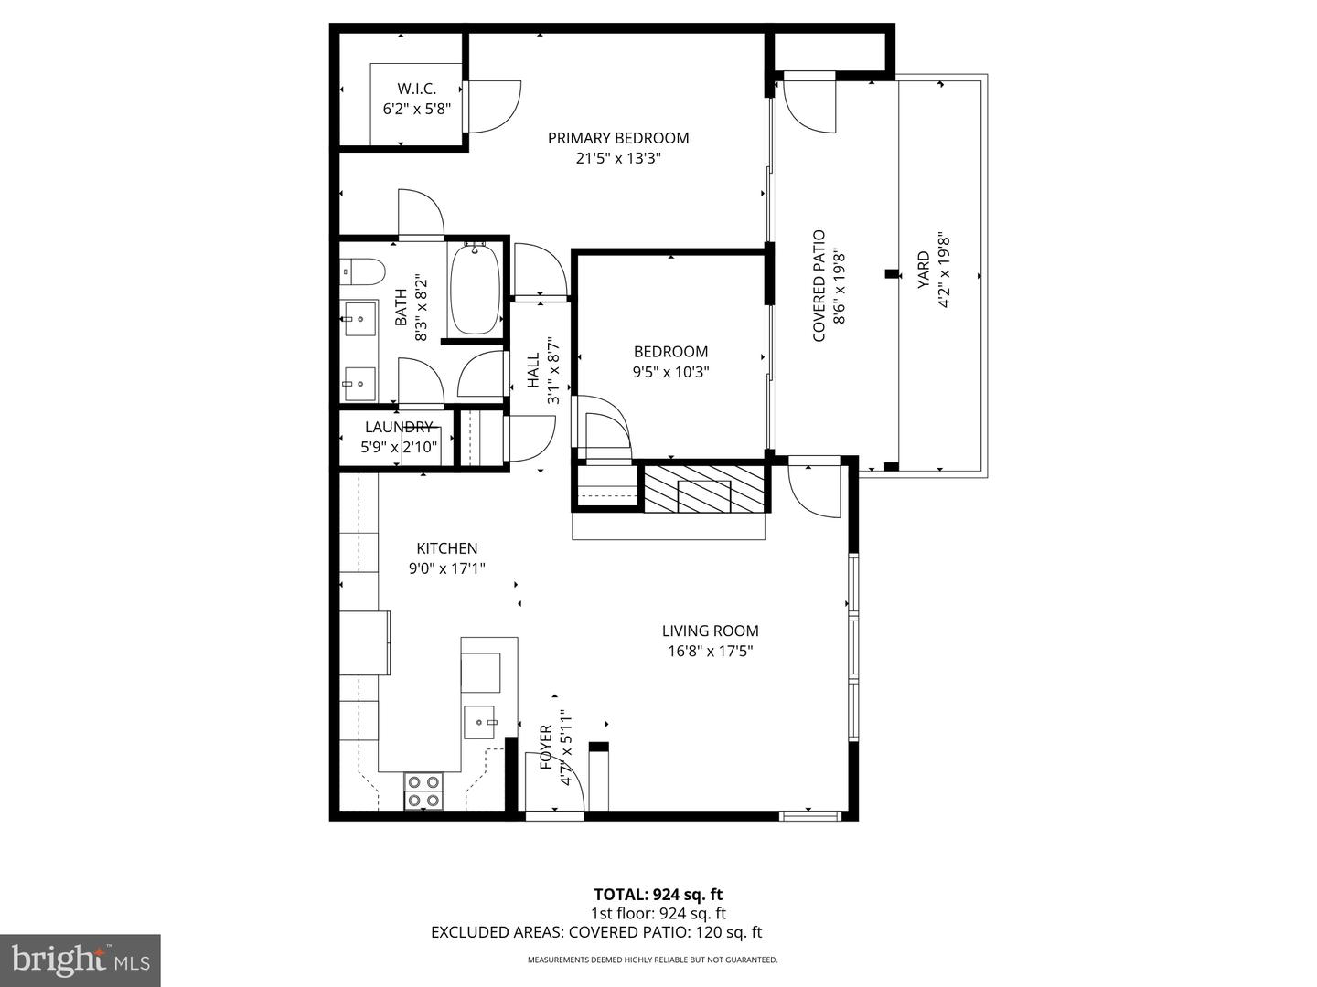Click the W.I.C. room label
[416, 89]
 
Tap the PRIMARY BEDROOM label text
[618, 138]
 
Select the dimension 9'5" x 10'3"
[670, 372]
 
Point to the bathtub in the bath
[475, 289]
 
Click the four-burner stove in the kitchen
[423, 791]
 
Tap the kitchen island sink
[478, 722]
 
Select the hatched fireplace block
[705, 488]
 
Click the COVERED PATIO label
[819, 286]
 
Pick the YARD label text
[923, 271]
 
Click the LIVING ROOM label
[710, 631]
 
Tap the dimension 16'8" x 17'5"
[710, 652]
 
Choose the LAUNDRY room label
[398, 427]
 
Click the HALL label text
[533, 370]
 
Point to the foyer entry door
[555, 784]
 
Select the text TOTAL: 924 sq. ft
[658, 895]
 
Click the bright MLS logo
[80, 960]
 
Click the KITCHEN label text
[446, 548]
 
